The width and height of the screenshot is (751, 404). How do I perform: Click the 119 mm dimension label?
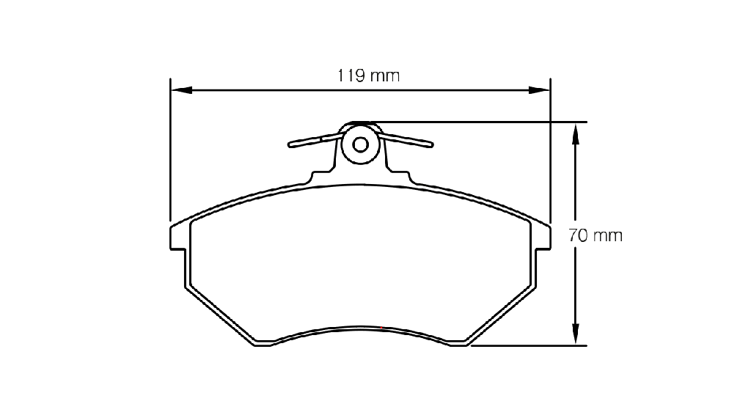click(368, 76)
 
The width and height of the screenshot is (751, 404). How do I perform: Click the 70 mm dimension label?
click(596, 235)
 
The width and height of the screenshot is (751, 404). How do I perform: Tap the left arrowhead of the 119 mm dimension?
click(182, 90)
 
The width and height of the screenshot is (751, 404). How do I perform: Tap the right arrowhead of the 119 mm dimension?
click(539, 90)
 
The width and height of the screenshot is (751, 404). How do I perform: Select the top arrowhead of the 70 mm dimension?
click(575, 133)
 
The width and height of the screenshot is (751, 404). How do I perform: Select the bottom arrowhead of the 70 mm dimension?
click(575, 334)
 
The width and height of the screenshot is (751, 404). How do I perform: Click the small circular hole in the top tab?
click(360, 144)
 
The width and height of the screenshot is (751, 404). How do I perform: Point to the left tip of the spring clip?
click(290, 144)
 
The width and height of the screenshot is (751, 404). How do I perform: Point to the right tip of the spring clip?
click(431, 144)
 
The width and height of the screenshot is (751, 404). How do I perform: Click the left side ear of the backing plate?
click(177, 237)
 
